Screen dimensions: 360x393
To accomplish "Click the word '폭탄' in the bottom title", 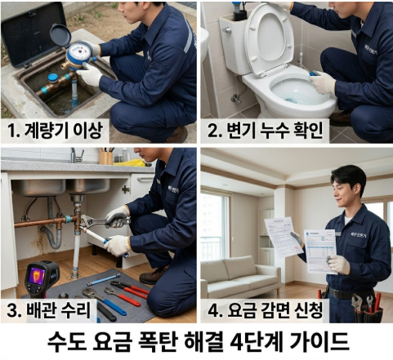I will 167,340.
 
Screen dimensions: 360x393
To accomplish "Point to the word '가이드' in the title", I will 320,340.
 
